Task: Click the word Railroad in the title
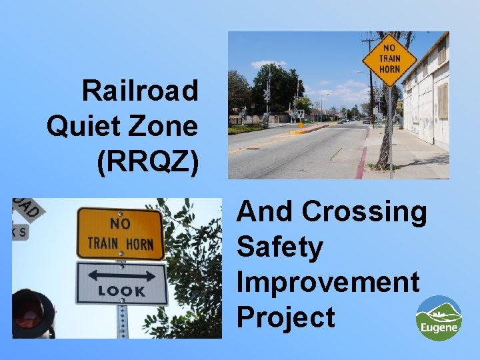click(x=140, y=90)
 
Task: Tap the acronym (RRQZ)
click(x=147, y=161)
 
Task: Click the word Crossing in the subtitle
click(x=364, y=211)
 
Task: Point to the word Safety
click(x=279, y=247)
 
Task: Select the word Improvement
click(x=328, y=282)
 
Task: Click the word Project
click(x=285, y=317)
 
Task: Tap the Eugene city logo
click(x=439, y=318)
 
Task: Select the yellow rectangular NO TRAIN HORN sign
click(x=120, y=233)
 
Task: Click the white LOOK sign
click(x=121, y=283)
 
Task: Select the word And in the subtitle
click(x=265, y=211)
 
